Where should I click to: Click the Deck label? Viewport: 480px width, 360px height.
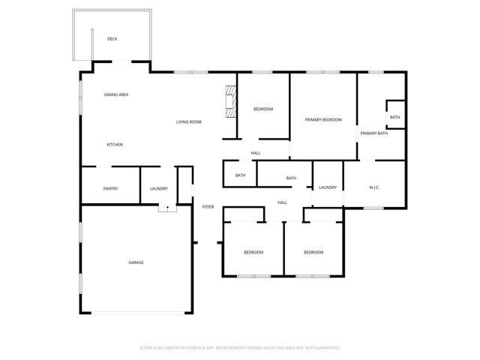112,39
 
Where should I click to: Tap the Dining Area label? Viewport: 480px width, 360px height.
116,94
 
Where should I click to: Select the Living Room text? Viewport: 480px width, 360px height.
189,121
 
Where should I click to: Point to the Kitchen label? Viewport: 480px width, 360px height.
114,145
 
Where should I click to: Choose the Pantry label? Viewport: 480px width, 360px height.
111,188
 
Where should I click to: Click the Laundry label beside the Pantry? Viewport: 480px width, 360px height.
158,188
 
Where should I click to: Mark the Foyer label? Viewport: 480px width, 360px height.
208,206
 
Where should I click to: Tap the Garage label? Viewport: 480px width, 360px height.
136,262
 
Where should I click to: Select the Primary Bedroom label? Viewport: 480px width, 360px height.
323,120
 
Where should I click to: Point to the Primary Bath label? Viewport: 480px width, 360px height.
373,133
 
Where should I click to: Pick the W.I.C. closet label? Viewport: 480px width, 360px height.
374,187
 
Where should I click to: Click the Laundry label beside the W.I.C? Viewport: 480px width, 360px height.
327,187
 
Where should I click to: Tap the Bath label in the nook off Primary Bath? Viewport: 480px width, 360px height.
394,117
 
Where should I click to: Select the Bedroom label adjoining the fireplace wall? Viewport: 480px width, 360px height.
262,109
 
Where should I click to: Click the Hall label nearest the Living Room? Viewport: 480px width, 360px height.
256,153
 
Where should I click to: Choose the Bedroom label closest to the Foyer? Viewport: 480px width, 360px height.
253,252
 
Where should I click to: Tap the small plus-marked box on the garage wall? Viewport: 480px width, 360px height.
167,208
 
